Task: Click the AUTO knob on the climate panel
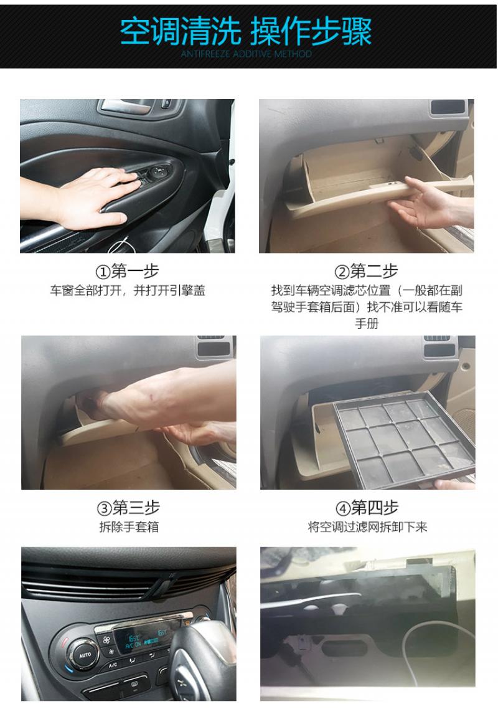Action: click(x=84, y=654)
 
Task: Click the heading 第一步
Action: click(x=134, y=271)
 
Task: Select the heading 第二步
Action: click(x=374, y=271)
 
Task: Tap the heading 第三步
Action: click(x=136, y=508)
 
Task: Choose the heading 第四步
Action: click(x=375, y=508)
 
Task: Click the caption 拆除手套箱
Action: click(x=129, y=527)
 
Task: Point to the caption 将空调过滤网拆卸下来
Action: click(x=367, y=527)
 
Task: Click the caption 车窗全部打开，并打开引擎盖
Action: click(x=128, y=290)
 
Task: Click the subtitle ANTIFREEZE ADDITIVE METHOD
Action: click(x=247, y=54)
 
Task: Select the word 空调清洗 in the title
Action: click(x=180, y=32)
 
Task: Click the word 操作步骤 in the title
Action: click(x=311, y=32)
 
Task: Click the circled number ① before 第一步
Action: click(x=103, y=272)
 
